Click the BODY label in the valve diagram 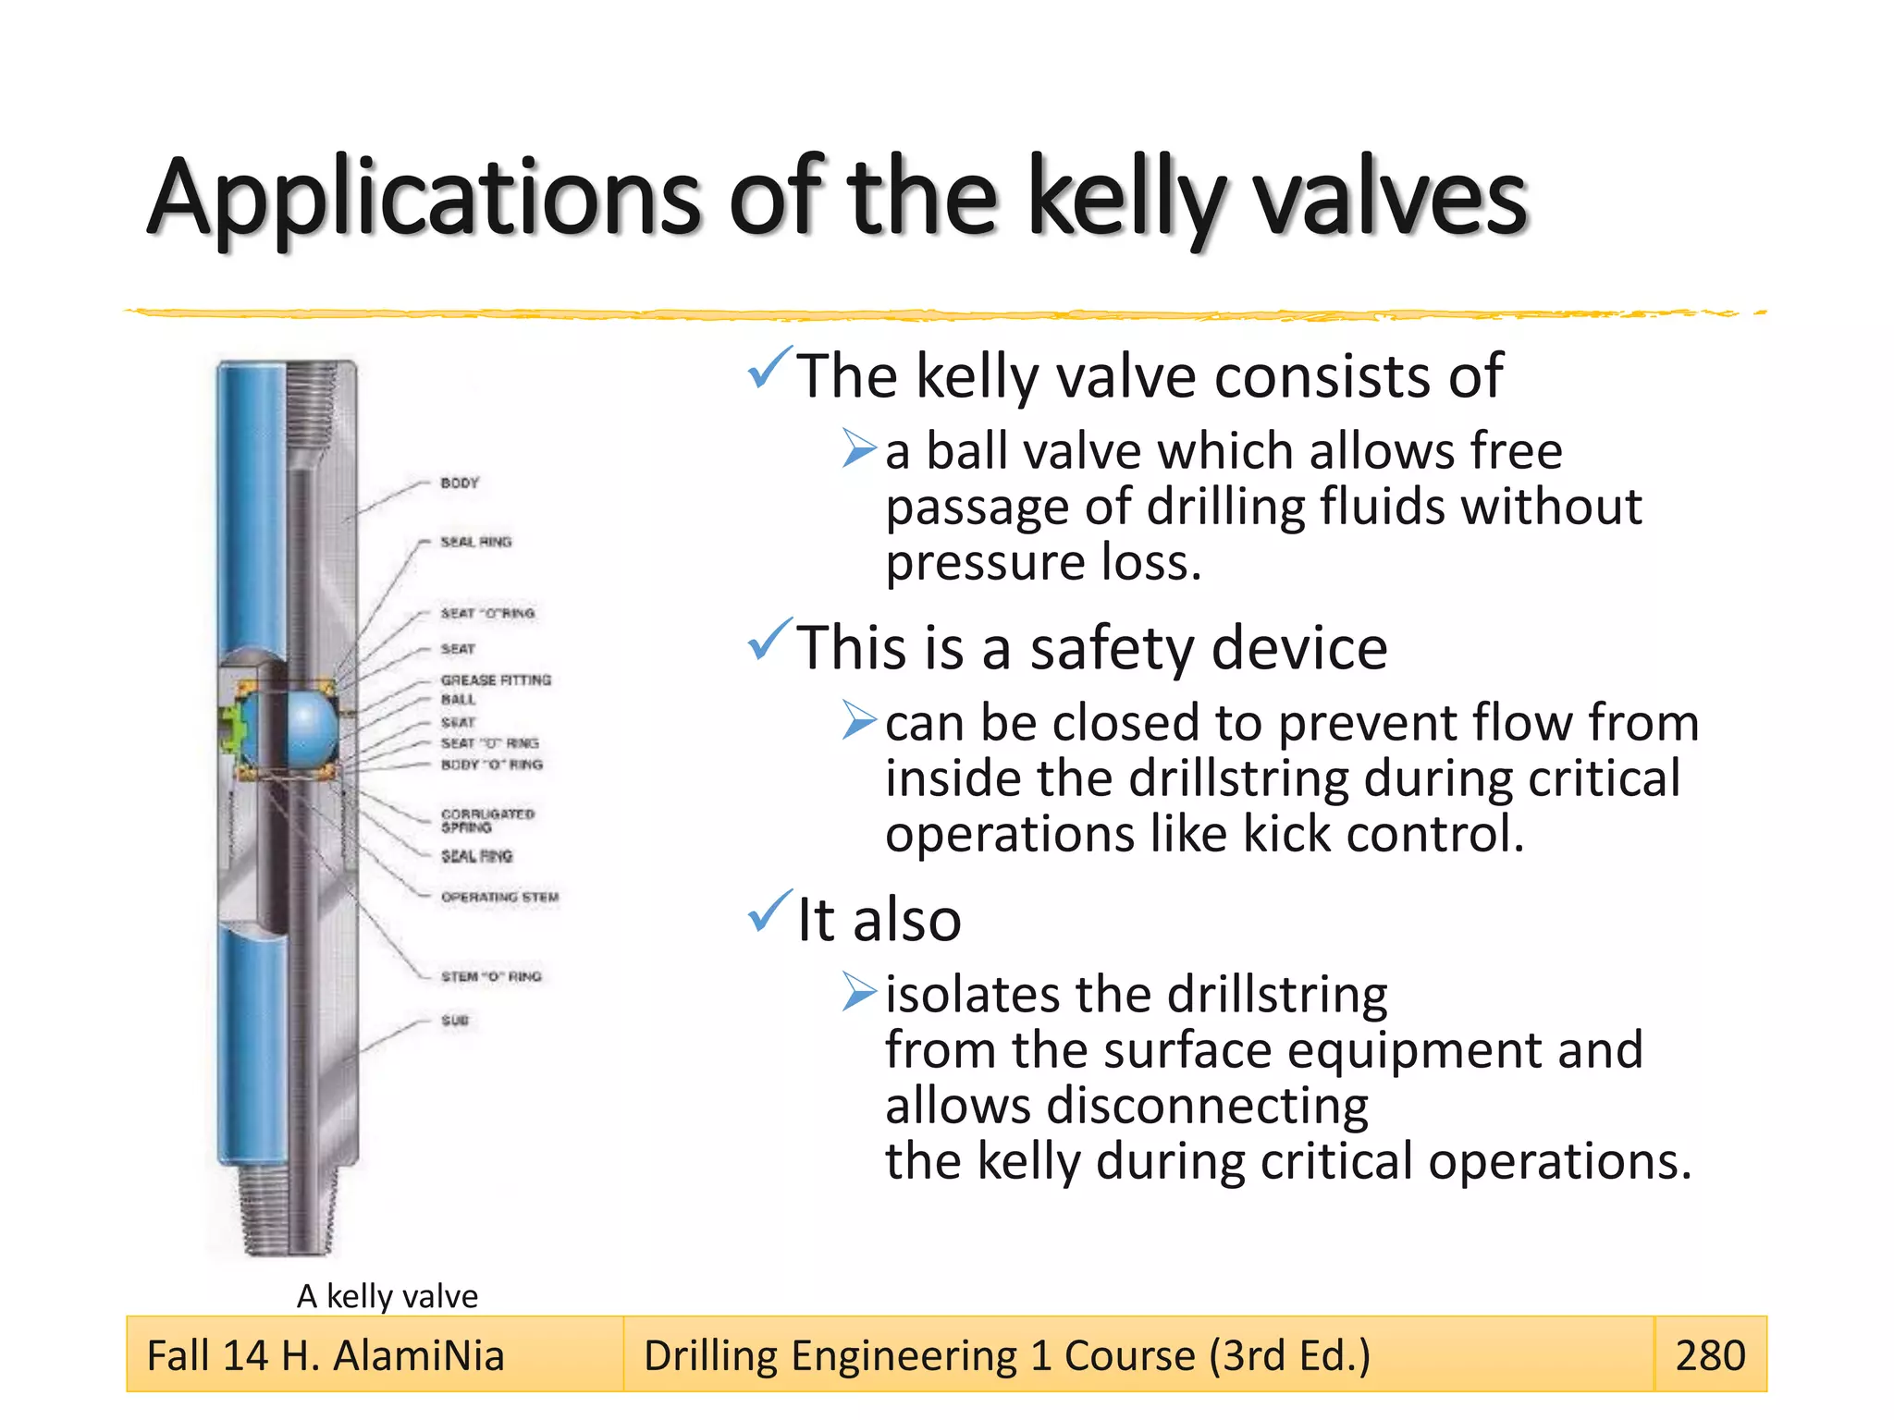tap(460, 483)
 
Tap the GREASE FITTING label tap(496, 679)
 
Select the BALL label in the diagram tap(458, 700)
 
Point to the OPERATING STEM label tap(499, 897)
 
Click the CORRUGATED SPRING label tap(487, 820)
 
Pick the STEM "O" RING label tap(491, 976)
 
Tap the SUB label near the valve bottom tap(455, 1020)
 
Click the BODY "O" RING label tap(491, 765)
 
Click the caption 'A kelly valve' tap(387, 1296)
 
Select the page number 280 tap(1710, 1355)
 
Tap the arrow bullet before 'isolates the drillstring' tap(859, 993)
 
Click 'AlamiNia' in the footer tap(419, 1355)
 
